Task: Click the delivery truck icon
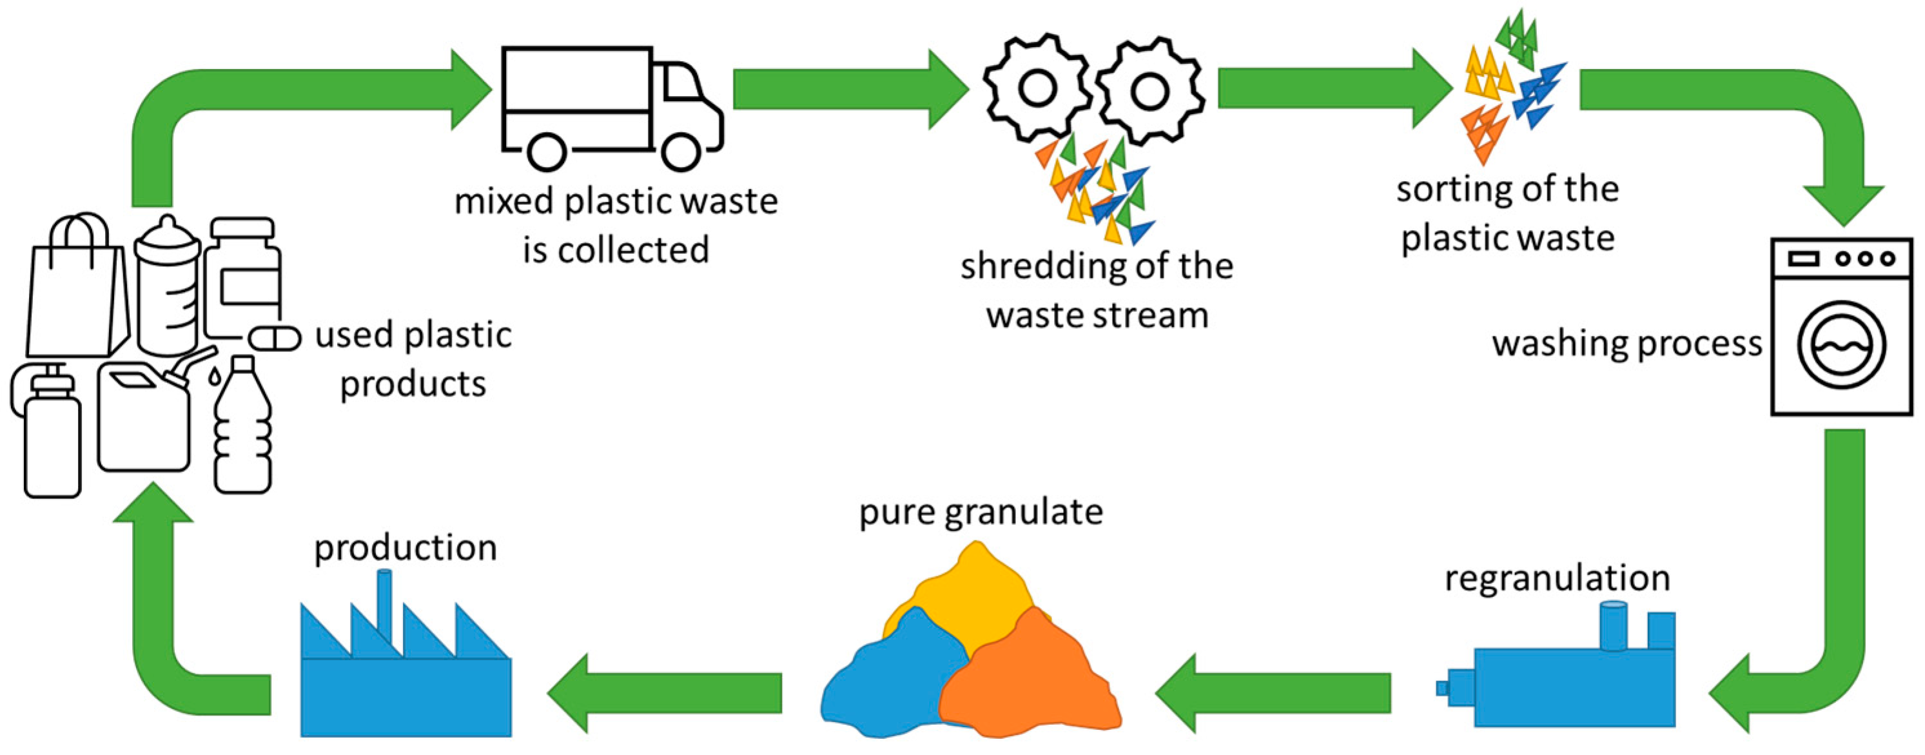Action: [609, 104]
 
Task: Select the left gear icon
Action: [1038, 88]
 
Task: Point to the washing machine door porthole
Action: [1841, 346]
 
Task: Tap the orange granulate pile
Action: [1031, 680]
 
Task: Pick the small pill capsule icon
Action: [274, 338]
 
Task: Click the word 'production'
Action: [405, 548]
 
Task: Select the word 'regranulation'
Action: [1557, 578]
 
